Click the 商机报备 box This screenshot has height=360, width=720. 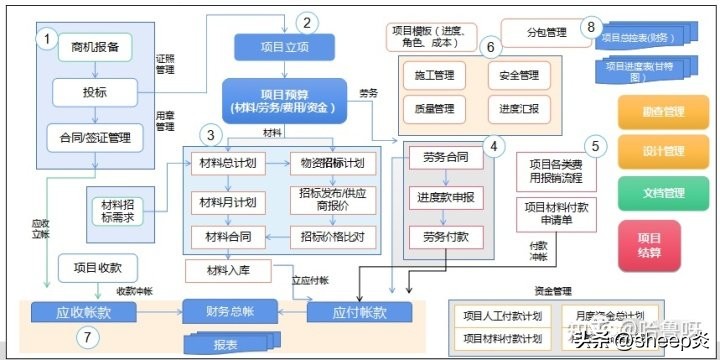(x=95, y=46)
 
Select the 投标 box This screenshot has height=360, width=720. (x=95, y=92)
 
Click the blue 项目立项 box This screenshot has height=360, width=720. (x=284, y=46)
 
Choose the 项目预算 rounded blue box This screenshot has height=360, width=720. (x=284, y=98)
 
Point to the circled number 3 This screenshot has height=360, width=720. (x=209, y=134)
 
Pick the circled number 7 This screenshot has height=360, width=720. (x=88, y=338)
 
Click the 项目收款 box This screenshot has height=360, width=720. (x=97, y=267)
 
